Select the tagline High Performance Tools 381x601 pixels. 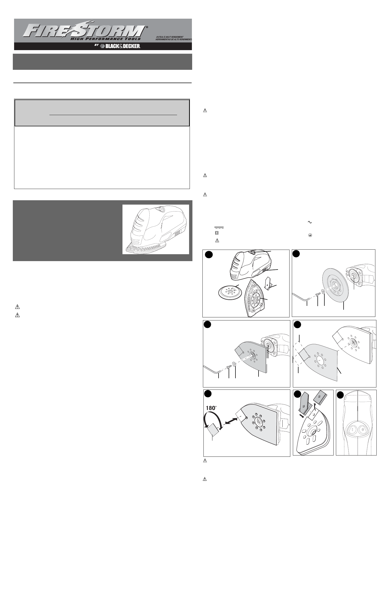click(106, 39)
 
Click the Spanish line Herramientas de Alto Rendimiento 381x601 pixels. click(174, 40)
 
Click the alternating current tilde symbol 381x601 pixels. click(309, 222)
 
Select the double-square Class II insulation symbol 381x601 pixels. click(217, 233)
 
